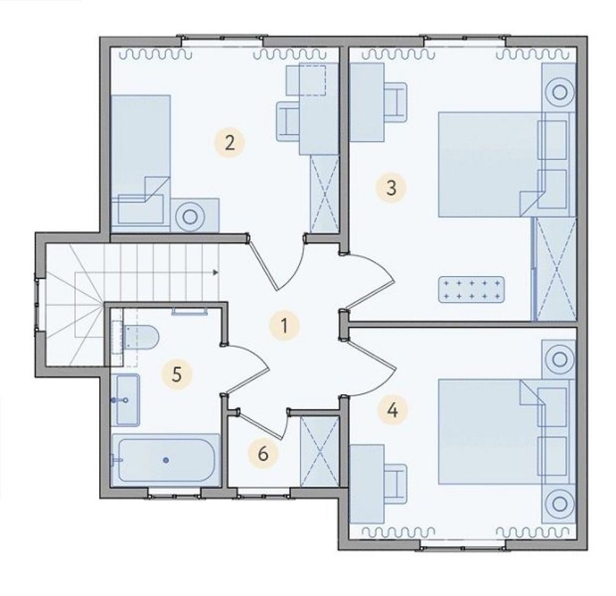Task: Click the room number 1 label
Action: [284, 325]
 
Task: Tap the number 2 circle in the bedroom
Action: [229, 142]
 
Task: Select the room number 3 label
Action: [391, 187]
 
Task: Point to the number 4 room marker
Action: [392, 409]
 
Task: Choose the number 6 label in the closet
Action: [263, 453]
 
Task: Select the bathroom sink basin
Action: [127, 399]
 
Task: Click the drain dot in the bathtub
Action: [166, 460]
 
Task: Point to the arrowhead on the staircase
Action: [215, 272]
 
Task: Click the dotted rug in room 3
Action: [472, 290]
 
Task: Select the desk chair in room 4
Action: [395, 484]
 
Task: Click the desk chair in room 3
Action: [395, 102]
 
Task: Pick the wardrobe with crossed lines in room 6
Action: [320, 452]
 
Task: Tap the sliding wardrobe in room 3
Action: [555, 269]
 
